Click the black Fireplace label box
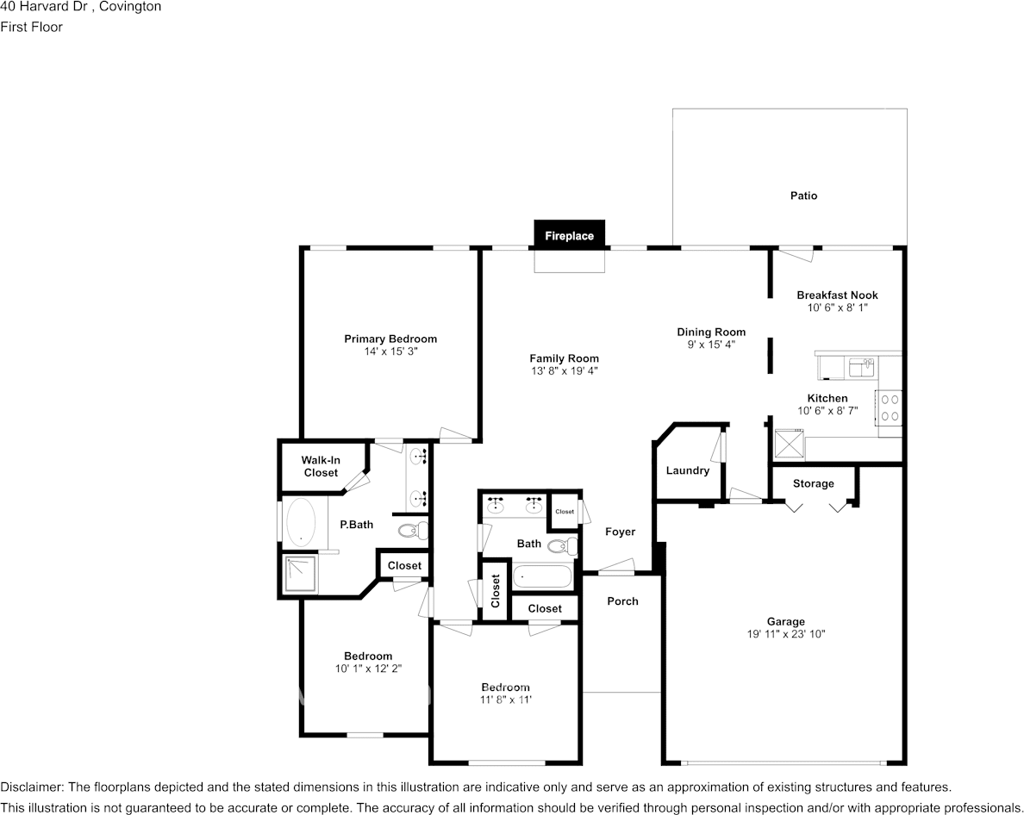[570, 235]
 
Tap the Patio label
[803, 195]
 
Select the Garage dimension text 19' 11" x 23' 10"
[785, 633]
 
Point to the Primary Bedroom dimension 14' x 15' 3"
[390, 351]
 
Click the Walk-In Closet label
[321, 467]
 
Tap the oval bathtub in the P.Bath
[301, 522]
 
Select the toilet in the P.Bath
[412, 530]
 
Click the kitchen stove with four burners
[889, 407]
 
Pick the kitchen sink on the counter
[862, 367]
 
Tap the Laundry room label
[687, 470]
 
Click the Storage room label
[813, 483]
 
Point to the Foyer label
[620, 532]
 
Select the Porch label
[622, 601]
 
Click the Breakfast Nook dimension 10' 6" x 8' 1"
[837, 308]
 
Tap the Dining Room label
[711, 333]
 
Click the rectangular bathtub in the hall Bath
[543, 577]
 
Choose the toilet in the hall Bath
[563, 544]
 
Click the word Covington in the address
[130, 7]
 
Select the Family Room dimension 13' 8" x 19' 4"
[565, 370]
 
